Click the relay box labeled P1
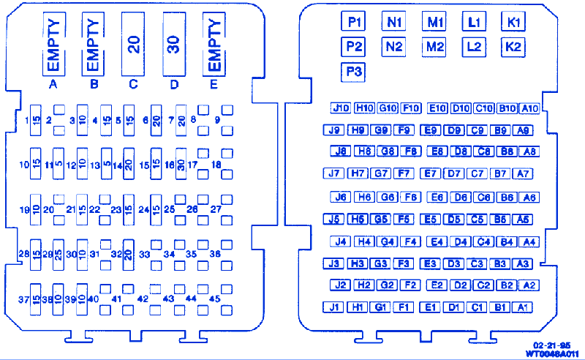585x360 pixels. pyautogui.click(x=355, y=22)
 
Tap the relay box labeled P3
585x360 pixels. pyautogui.click(x=355, y=72)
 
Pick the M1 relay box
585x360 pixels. pyautogui.click(x=435, y=22)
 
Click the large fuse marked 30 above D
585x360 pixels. pyautogui.click(x=173, y=44)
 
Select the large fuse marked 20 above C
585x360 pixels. pyautogui.click(x=133, y=44)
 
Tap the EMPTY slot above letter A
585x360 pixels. pyautogui.click(x=53, y=44)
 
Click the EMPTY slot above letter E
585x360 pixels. pyautogui.click(x=214, y=44)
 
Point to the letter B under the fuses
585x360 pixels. pyautogui.click(x=94, y=84)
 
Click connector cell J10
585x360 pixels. pyautogui.click(x=340, y=108)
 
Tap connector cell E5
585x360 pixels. pyautogui.click(x=431, y=219)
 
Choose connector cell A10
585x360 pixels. pyautogui.click(x=529, y=108)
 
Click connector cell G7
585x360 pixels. pyautogui.click(x=380, y=173)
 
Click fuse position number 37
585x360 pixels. pyautogui.click(x=23, y=299)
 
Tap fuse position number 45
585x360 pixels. pyautogui.click(x=214, y=299)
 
